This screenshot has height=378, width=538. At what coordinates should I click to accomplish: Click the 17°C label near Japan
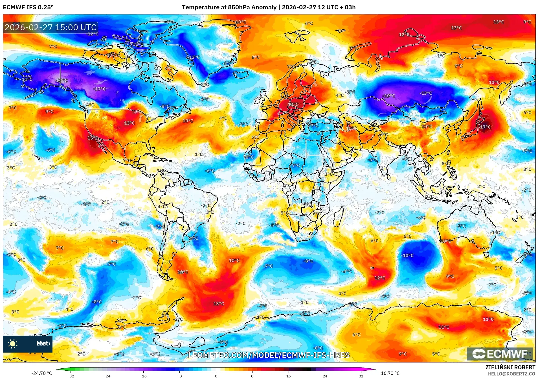(485, 127)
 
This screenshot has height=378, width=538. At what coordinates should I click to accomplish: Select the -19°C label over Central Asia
(389, 96)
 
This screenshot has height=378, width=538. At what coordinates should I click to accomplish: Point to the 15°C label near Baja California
(93, 138)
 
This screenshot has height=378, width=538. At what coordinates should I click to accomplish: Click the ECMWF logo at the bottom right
(500, 354)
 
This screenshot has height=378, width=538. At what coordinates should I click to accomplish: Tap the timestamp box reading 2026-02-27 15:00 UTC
(51, 27)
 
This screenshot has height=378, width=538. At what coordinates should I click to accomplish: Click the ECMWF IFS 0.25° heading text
(28, 7)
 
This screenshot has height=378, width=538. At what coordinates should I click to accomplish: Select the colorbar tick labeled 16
(288, 376)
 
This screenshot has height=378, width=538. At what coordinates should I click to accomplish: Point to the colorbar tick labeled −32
(71, 376)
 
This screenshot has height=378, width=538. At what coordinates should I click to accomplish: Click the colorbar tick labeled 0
(216, 376)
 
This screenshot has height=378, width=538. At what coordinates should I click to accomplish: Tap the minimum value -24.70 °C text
(41, 373)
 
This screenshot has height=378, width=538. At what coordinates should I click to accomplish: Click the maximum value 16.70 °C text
(390, 373)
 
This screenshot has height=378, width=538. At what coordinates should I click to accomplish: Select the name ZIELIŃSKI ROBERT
(510, 367)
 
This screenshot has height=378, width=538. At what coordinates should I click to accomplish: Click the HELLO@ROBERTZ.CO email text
(511, 374)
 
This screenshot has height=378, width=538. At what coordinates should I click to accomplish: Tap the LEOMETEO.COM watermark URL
(269, 355)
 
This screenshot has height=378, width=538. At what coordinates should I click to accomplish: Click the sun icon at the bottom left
(12, 344)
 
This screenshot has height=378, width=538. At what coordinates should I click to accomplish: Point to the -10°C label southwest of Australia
(407, 255)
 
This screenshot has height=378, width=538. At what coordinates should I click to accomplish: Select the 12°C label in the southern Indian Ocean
(379, 278)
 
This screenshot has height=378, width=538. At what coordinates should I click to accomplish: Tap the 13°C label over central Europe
(293, 105)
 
